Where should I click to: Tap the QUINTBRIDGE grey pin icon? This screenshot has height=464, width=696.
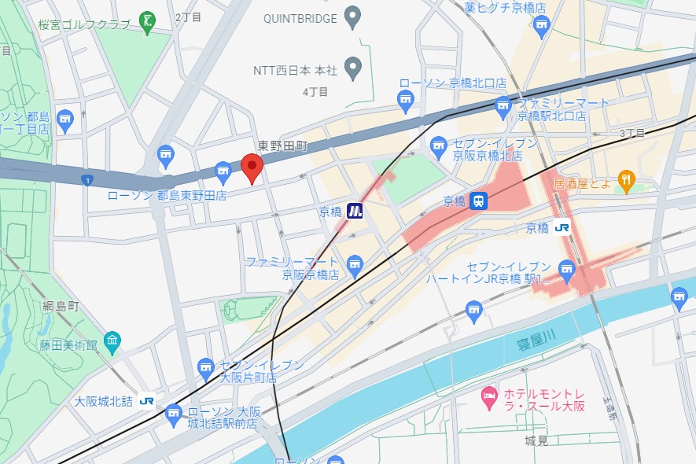click(353, 17)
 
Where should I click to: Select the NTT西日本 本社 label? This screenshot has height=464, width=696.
click(295, 71)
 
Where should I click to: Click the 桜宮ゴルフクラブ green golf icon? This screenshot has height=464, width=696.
click(147, 22)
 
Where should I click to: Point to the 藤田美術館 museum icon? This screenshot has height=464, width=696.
click(112, 341)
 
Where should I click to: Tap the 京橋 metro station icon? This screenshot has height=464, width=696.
click(355, 211)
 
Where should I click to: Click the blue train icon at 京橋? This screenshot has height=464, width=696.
click(478, 201)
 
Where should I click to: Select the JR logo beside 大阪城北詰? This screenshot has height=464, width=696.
click(146, 400)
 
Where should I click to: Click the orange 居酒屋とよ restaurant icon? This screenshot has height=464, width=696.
click(626, 182)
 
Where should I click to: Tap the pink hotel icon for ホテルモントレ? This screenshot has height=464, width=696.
click(488, 392)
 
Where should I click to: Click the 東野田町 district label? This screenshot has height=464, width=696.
click(282, 146)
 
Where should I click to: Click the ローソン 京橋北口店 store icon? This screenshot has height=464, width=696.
click(406, 99)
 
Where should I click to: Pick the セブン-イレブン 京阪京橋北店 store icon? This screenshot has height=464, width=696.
click(439, 145)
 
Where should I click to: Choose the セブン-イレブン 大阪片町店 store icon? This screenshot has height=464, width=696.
click(206, 366)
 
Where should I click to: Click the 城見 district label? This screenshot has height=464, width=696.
click(536, 441)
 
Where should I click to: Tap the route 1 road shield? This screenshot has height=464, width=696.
click(85, 181)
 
